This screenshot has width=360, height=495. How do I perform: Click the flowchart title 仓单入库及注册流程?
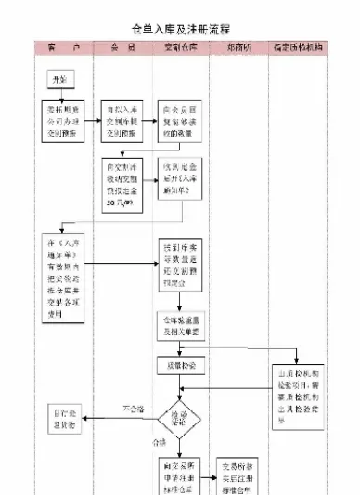180,29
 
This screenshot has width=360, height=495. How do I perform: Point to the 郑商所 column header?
239,46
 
